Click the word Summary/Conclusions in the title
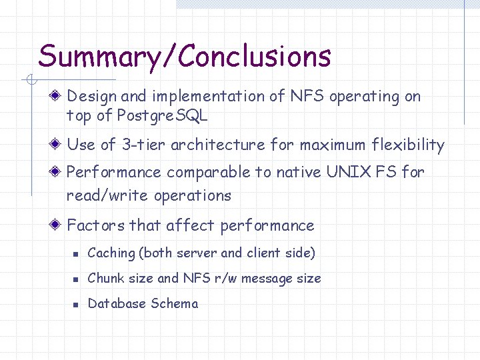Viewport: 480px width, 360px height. click(184, 57)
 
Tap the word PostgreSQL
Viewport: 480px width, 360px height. click(162, 115)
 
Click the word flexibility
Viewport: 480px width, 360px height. click(406, 145)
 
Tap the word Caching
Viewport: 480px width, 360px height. click(111, 253)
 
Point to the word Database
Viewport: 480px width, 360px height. click(117, 303)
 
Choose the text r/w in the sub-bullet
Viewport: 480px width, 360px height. click(223, 278)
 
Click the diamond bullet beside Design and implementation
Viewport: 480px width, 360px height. click(59, 96)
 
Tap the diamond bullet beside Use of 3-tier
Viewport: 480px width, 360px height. click(59, 145)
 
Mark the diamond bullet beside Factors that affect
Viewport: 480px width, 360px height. click(59, 225)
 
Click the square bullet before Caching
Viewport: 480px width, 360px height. click(77, 254)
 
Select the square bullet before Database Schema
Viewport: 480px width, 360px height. click(77, 304)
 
